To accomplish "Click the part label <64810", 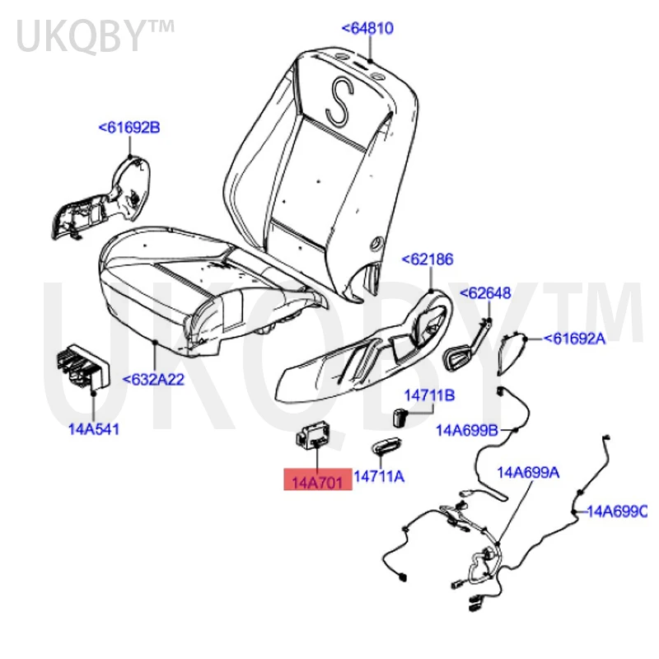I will point(367,29).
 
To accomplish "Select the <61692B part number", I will point(129,128).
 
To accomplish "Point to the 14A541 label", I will point(92,429).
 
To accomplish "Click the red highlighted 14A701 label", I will point(318,479).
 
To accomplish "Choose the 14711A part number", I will point(379,477).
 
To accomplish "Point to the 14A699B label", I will point(467,429).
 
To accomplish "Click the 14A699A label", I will point(527,472).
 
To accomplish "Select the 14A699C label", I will point(617,512).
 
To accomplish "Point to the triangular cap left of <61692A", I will point(516,349).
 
